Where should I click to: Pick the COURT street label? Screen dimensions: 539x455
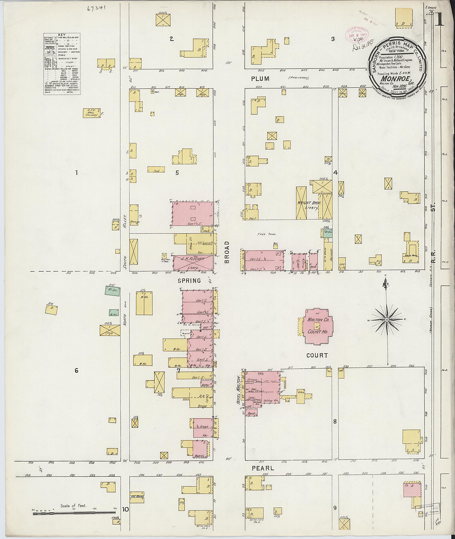[317, 355]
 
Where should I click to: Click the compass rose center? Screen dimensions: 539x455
[387, 320]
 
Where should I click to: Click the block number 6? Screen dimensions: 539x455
[76, 371]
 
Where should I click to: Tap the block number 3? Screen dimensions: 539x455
[333, 39]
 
